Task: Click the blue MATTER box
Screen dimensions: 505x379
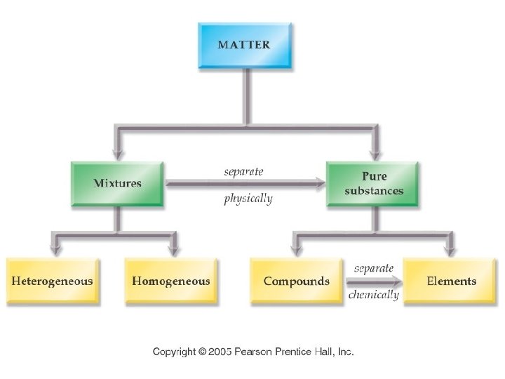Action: (243, 46)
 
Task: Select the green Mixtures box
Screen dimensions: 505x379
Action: (117, 184)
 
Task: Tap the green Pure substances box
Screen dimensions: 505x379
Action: (373, 184)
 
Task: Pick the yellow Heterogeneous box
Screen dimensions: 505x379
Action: (53, 281)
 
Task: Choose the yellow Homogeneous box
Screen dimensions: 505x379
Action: (170, 281)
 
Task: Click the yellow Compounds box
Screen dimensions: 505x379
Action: (296, 281)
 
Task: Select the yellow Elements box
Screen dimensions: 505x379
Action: (450, 281)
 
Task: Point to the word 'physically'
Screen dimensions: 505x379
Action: (248, 199)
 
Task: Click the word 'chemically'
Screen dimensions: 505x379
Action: (373, 295)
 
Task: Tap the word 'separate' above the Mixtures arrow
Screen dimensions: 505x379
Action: (243, 171)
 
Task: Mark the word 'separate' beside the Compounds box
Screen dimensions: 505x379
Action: (373, 268)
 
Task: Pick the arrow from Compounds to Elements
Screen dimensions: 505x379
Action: (374, 281)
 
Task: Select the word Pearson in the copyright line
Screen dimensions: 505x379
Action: (257, 352)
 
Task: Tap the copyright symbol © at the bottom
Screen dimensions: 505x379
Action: (201, 352)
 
